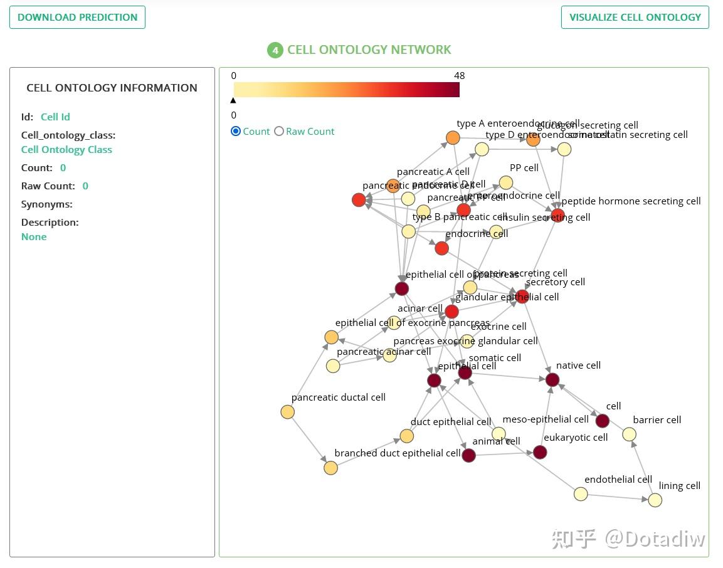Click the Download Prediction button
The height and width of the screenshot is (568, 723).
point(77,18)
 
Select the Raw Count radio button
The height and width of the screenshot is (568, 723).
point(279,131)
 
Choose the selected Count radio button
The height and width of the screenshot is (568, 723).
point(236,131)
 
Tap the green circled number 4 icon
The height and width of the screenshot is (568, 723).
point(275,50)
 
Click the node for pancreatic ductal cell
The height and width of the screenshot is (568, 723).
point(287,412)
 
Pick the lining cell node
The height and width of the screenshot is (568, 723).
point(655,500)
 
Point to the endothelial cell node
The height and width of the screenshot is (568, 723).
point(581,493)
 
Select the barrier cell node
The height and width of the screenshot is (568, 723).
point(629,434)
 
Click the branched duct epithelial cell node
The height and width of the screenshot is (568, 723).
point(330,468)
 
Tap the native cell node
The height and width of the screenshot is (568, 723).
point(552,379)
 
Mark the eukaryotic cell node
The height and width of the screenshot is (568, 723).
point(540,452)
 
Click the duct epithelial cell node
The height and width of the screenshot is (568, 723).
point(406,436)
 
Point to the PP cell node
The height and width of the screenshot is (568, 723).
point(506,182)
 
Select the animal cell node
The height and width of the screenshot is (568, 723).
point(468,455)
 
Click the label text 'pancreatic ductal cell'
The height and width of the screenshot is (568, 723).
point(338,397)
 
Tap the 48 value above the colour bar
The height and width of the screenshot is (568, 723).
point(459,76)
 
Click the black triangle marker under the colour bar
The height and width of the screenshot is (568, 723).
point(233,100)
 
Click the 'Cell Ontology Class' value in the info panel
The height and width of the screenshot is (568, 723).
point(66,150)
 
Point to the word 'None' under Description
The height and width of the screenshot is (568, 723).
point(34,237)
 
